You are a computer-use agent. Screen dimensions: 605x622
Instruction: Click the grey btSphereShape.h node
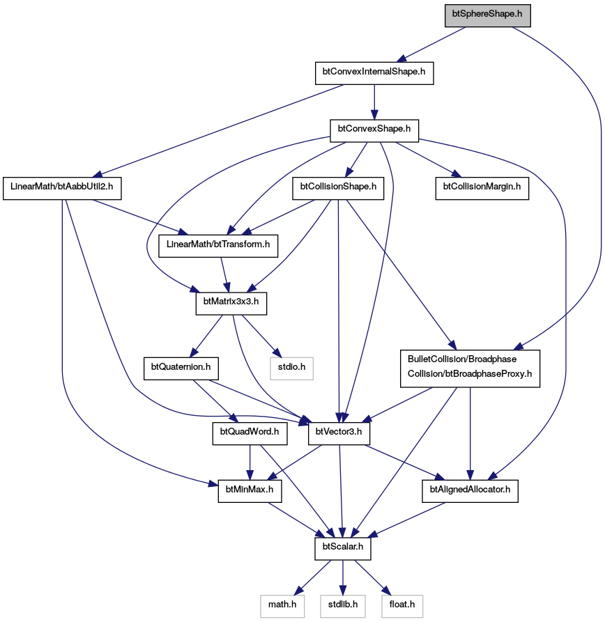(487, 15)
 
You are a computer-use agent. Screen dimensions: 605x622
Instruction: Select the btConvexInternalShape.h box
(374, 73)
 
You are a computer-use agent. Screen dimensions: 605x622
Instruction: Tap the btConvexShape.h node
(374, 130)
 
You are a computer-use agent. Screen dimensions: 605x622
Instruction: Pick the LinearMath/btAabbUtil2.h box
(62, 188)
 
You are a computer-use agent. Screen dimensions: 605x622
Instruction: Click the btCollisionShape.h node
(338, 188)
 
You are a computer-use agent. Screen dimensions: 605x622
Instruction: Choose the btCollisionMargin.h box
(482, 188)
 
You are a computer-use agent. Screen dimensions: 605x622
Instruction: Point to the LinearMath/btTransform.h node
(218, 246)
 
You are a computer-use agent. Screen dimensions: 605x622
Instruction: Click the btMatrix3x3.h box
(231, 304)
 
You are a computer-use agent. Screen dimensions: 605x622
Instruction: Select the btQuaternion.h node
(181, 368)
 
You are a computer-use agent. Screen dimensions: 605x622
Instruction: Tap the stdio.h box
(292, 368)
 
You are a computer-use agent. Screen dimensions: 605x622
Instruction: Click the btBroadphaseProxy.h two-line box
(470, 368)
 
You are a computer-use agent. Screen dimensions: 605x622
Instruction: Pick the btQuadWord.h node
(250, 433)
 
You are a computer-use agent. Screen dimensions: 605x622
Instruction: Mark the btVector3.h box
(339, 433)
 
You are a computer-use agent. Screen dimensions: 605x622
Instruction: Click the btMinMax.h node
(250, 491)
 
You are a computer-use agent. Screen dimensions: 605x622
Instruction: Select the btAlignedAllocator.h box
(470, 491)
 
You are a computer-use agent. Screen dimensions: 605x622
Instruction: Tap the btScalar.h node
(343, 549)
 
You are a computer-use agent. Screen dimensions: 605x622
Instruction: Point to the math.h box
(282, 606)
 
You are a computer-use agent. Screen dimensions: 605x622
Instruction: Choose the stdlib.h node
(343, 606)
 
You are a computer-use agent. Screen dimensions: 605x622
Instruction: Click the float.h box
(402, 606)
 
